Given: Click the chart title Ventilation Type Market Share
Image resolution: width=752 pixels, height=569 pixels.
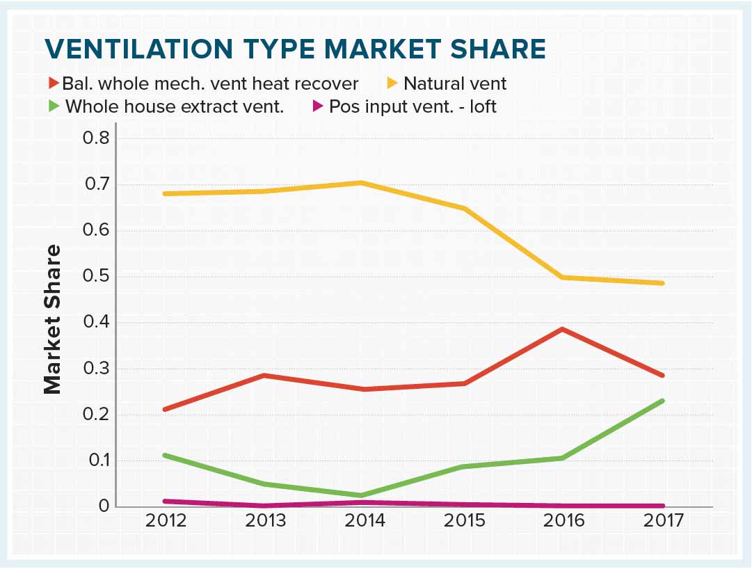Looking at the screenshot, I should [x=295, y=49].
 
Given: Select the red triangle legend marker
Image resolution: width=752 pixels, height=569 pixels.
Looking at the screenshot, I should [x=54, y=84].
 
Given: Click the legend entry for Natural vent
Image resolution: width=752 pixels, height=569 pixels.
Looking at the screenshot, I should [x=455, y=84].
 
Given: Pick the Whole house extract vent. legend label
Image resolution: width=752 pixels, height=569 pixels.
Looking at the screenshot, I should [x=175, y=107].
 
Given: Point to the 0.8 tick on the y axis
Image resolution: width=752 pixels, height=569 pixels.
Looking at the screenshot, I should [x=96, y=138].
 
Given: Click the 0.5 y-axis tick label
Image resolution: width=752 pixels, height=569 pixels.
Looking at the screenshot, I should [x=96, y=277].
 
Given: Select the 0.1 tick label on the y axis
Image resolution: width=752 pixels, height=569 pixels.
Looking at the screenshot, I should [x=96, y=461].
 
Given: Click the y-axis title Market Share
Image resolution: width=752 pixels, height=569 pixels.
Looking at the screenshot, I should [x=53, y=320].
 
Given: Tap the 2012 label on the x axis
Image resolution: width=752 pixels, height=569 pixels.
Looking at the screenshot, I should [x=166, y=521].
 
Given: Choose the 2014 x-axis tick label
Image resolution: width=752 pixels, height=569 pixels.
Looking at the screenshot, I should [x=365, y=521].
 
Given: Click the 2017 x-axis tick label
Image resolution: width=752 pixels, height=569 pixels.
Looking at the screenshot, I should [x=662, y=521].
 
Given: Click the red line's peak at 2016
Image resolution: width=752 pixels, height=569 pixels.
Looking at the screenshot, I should [x=562, y=329].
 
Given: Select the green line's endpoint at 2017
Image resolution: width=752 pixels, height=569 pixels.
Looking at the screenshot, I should [x=662, y=401].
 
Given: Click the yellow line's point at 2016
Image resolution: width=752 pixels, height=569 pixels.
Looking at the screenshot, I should [x=562, y=278].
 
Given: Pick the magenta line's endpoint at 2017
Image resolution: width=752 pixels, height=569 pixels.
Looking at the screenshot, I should [x=662, y=506].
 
